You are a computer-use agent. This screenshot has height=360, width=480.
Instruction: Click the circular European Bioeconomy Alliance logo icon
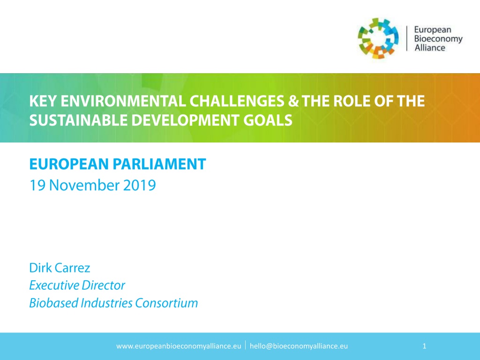tap(378, 38)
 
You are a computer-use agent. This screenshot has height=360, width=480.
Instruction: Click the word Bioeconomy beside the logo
tap(438, 39)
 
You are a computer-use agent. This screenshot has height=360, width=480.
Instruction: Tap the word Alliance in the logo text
tap(430, 48)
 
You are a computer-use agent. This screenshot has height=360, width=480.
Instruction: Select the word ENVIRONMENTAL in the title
tap(123, 101)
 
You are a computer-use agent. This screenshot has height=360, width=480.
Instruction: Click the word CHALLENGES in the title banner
tap(237, 101)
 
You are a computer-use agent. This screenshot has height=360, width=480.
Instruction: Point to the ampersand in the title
tap(293, 101)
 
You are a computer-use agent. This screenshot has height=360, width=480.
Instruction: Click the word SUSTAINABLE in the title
tap(78, 120)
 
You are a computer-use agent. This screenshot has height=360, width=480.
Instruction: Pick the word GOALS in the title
tap(268, 120)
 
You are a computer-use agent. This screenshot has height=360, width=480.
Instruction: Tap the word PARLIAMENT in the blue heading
tap(159, 164)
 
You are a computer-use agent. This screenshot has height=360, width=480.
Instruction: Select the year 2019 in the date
tap(139, 185)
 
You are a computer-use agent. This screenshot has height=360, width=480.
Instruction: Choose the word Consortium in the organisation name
tap(166, 303)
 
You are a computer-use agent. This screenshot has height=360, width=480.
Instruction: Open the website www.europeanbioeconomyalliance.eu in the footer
tap(179, 346)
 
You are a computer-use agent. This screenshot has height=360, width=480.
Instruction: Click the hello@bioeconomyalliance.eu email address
tap(299, 346)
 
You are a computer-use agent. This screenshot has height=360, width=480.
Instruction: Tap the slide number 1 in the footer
tap(424, 346)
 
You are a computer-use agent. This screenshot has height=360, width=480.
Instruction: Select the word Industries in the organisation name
tap(106, 303)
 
